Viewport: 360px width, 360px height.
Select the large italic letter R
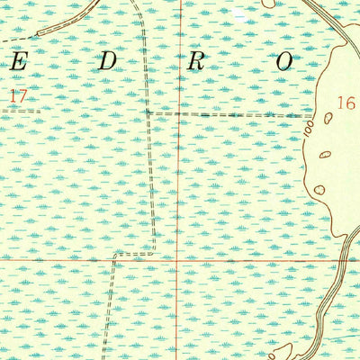coord(196,62)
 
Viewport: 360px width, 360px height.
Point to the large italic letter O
coord(284,62)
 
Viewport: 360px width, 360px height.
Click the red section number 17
coord(18,93)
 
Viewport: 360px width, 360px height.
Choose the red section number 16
coord(346,103)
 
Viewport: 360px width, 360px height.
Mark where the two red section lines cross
coord(178,259)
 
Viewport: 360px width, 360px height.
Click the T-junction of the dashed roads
coord(148,114)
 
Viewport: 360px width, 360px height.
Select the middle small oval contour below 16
coord(325,154)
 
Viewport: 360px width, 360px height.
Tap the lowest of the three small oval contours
coord(319,189)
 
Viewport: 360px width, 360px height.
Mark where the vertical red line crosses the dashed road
coord(178,115)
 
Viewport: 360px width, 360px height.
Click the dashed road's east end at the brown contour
coord(314,116)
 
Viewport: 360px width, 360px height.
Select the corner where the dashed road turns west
coord(155,255)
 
